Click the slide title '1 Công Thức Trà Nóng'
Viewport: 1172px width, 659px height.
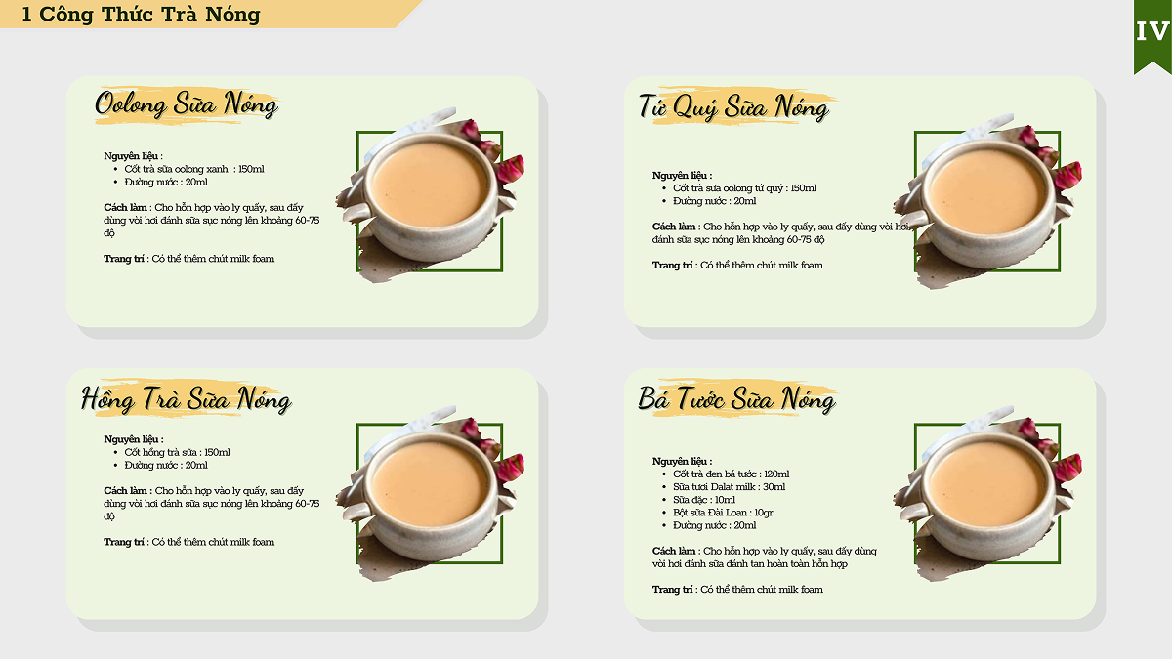tap(141, 14)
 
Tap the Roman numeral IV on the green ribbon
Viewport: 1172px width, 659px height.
tap(1152, 32)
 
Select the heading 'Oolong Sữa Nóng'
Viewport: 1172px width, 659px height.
tap(187, 104)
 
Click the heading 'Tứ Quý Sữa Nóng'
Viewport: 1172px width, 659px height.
tap(734, 107)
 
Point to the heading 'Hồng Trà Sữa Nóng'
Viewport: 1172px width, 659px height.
tap(187, 399)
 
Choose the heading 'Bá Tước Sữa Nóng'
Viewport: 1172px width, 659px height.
tap(736, 399)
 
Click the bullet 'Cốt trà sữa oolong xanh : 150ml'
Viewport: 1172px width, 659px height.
tap(194, 169)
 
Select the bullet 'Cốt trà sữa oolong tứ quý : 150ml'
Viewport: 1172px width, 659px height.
tap(744, 187)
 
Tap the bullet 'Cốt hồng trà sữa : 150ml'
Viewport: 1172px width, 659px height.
tap(178, 452)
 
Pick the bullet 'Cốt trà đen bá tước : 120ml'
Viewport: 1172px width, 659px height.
tap(731, 474)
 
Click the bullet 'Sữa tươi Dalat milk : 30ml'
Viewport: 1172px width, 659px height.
tap(729, 486)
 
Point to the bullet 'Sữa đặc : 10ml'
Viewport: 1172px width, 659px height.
tap(704, 500)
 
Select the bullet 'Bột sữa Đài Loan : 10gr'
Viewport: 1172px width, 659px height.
tap(723, 512)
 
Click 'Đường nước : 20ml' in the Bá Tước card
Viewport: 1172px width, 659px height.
tap(714, 525)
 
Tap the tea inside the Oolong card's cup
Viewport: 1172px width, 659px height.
tap(429, 184)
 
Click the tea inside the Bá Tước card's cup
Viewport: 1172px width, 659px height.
tap(986, 484)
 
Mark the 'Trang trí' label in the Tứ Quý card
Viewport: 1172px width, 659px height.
tap(672, 266)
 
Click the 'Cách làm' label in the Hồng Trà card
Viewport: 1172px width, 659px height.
tap(125, 490)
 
